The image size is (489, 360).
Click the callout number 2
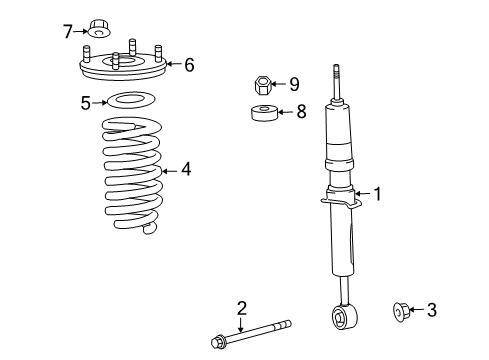(241, 308)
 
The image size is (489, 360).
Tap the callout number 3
(431, 311)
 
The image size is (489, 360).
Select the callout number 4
(185, 170)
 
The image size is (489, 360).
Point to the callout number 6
(188, 65)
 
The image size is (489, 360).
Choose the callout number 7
(69, 31)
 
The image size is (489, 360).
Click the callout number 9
(294, 85)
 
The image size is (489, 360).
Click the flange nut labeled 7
(98, 27)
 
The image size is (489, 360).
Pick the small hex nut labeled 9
(262, 85)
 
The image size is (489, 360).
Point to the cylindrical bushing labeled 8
(263, 112)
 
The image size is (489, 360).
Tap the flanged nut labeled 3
(399, 312)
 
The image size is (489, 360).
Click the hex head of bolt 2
(219, 342)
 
